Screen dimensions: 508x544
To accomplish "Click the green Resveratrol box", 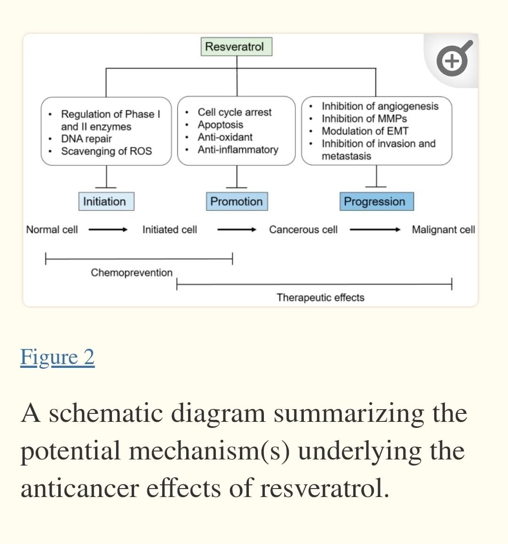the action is [236, 47].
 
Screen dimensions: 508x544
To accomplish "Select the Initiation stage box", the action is [106, 201].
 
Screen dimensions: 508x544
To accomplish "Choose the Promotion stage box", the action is [237, 201].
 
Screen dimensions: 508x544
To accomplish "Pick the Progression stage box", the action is [377, 201].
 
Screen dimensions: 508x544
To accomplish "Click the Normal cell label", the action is [52, 230].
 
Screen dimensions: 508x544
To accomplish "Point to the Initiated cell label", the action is [169, 230].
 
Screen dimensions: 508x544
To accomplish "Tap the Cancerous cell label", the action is [303, 230].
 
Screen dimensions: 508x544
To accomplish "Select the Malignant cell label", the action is [444, 230].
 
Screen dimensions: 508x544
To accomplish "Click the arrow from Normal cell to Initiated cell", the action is [108, 229].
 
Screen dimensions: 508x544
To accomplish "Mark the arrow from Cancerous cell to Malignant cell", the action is [375, 229].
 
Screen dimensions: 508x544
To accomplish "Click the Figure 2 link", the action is [57, 357].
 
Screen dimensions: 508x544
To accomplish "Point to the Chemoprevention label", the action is [132, 272].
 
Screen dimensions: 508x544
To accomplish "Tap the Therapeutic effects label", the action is [320, 298].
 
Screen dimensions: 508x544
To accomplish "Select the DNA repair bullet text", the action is [87, 139].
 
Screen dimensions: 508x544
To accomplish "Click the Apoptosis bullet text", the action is [220, 124].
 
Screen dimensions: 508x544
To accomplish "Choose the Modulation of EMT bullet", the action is [365, 131].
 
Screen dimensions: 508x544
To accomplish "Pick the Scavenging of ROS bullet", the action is [106, 151].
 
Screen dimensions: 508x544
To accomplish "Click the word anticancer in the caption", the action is [80, 488].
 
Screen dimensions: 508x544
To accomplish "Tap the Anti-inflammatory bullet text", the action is [238, 149].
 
